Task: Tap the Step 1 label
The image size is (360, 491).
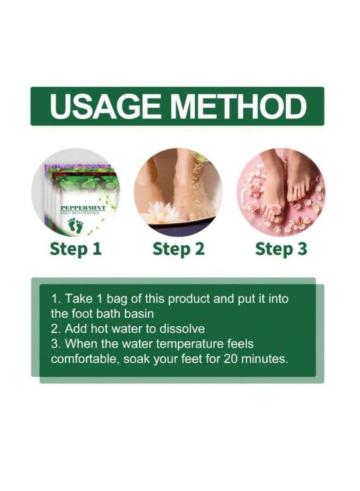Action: pos(76,248)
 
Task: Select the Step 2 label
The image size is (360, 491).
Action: pos(179,248)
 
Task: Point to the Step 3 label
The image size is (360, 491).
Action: pos(281,248)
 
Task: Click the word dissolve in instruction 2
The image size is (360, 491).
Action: pos(184,328)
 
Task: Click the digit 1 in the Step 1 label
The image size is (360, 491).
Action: pos(96,248)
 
